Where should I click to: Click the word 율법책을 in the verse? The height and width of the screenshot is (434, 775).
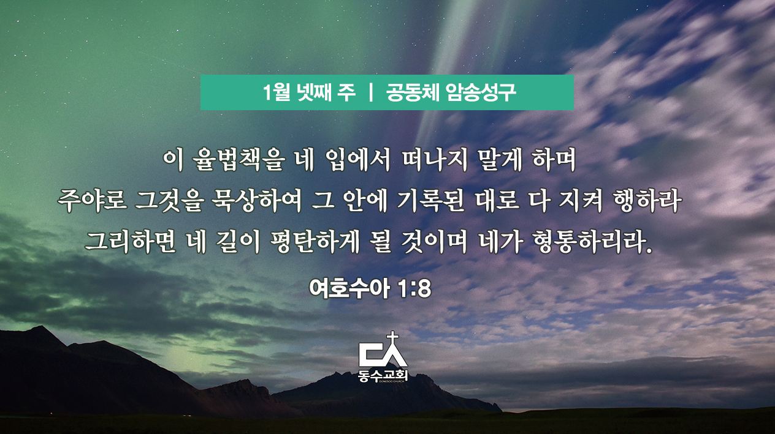(239, 160)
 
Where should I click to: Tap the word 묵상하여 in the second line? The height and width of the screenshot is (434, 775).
(256, 201)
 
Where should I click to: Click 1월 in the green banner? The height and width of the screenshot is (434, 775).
(277, 92)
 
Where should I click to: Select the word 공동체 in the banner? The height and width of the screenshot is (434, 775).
(412, 92)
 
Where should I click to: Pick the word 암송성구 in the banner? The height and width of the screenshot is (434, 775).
(481, 92)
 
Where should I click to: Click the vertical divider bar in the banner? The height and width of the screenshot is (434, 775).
(370, 92)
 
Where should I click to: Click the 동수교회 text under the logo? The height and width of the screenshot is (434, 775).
(383, 375)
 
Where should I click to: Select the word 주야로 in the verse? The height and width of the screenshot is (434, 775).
(92, 201)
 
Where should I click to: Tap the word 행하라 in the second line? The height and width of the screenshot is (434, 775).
(647, 201)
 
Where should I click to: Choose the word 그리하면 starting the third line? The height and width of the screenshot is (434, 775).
(131, 242)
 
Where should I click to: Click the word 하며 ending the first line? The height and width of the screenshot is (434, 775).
(554, 160)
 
